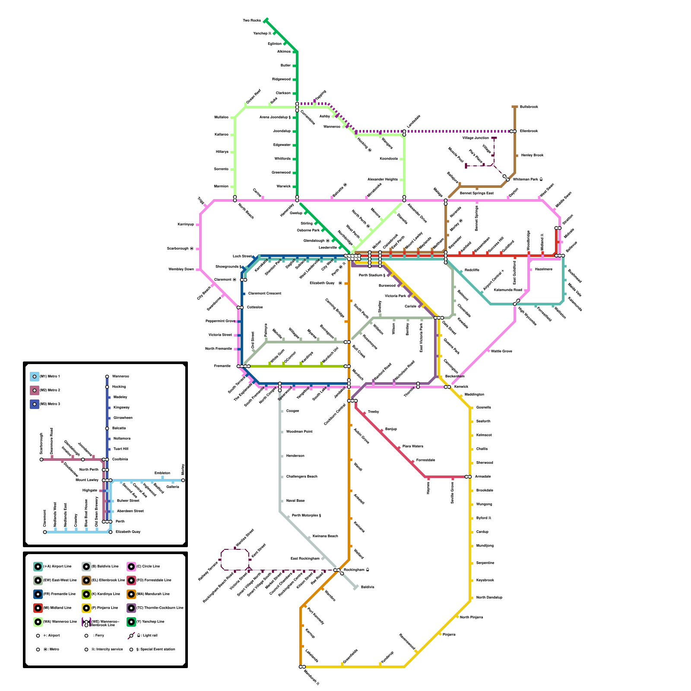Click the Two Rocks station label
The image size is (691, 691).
[x=252, y=20]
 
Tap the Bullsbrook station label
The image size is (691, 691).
[x=529, y=107]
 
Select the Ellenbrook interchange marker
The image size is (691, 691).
[x=513, y=131]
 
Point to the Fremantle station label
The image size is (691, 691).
[x=222, y=366]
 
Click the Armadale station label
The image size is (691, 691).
[x=483, y=476]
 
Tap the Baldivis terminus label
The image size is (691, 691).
[x=368, y=587]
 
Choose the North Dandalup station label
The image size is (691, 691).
[x=489, y=597]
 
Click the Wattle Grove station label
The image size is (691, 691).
[x=501, y=351]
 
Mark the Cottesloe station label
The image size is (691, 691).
[x=255, y=307]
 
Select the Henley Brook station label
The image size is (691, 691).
[x=532, y=155]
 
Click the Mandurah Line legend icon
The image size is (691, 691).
[x=131, y=594]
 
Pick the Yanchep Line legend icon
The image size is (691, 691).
[x=131, y=621]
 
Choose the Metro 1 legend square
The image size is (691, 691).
[x=35, y=376]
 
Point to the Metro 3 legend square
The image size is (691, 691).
[x=35, y=404]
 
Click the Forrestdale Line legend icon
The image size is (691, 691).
[x=131, y=580]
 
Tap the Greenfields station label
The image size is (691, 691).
[x=350, y=656]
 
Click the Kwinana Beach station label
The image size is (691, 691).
[x=325, y=536]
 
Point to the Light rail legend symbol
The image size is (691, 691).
[x=131, y=635]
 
